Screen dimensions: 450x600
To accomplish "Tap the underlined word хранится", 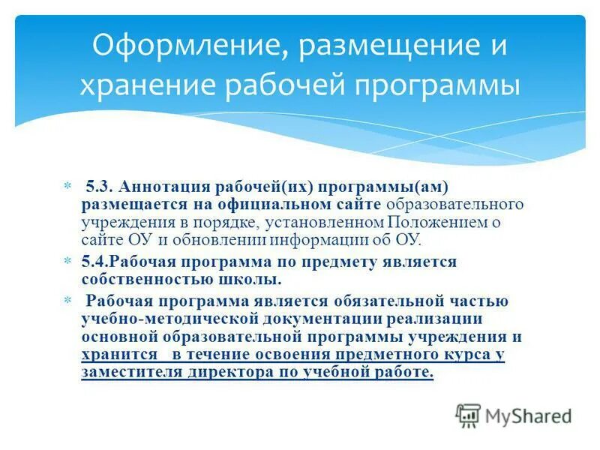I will [x=118, y=355].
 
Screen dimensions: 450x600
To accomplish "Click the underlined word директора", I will [x=223, y=373].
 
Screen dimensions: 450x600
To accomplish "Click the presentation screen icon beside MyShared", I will [x=468, y=415].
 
